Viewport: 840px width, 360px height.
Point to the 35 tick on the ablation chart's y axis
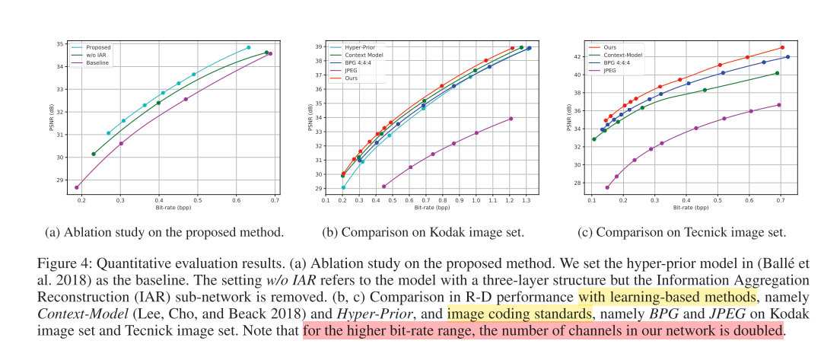tap(60, 44)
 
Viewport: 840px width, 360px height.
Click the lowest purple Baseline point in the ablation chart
tap(77, 187)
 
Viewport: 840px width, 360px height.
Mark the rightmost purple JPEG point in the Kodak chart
tap(511, 119)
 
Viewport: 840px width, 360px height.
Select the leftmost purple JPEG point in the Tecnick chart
tap(606, 187)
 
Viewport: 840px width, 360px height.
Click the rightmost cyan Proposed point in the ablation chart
tap(248, 47)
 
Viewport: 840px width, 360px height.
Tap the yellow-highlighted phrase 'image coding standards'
tap(520, 314)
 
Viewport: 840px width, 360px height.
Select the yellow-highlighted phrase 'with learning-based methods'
tap(668, 297)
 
